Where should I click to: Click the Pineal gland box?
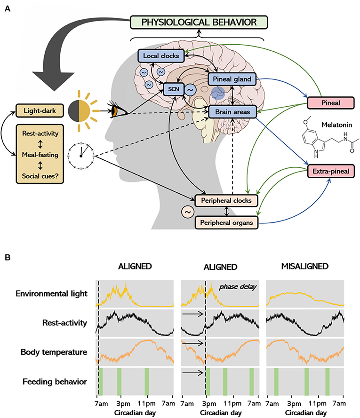pos(232,79)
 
